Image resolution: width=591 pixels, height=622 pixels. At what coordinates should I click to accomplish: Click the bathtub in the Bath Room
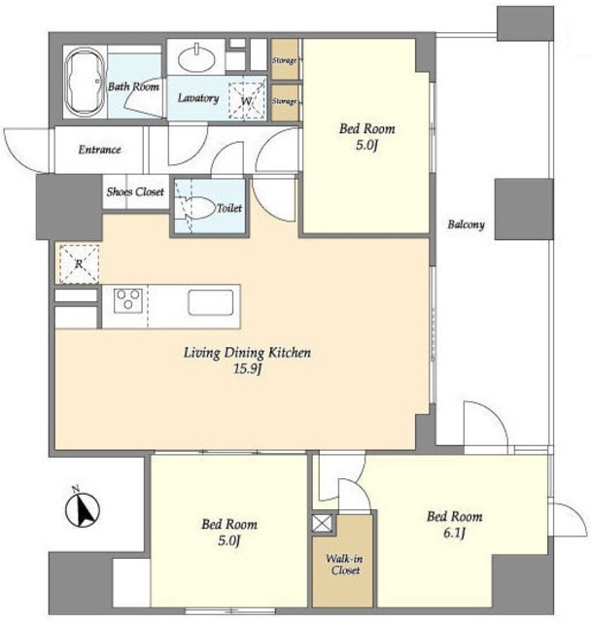pos(85,84)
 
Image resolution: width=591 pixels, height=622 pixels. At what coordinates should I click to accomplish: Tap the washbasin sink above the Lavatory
pos(196,58)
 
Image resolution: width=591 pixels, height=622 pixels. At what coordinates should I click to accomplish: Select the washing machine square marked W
pos(246,100)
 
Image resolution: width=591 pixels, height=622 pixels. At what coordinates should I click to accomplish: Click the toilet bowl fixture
pos(195,207)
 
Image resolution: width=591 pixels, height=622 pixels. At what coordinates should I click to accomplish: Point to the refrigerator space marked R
pos(79,263)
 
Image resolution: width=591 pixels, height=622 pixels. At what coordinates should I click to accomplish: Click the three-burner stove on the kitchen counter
pos(127,300)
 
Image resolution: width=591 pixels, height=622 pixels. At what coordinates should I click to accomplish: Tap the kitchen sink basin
pos(211,302)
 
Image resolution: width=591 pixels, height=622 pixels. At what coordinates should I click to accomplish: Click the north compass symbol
pos(82,508)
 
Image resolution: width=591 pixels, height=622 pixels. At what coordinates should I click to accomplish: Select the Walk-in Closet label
pos(344,565)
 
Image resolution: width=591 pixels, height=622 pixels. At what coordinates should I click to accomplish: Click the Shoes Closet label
pos(135,192)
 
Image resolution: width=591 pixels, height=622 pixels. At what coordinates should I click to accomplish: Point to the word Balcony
pos(466,225)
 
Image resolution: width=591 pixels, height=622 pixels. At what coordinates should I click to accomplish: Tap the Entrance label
pos(99,150)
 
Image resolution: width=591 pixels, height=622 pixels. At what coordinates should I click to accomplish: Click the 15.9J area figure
pos(247,369)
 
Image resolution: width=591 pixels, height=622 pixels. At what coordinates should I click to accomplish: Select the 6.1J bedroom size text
pos(454,533)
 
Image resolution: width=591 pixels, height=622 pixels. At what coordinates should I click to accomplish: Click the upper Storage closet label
pos(285,60)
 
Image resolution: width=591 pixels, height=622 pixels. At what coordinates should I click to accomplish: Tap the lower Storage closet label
pos(285,101)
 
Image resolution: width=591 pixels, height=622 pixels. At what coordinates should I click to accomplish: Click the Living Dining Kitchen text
pos(247,353)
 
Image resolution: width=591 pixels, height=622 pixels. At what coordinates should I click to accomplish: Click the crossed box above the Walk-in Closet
pos(323,524)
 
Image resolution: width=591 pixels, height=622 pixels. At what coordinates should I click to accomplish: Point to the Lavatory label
pos(198,98)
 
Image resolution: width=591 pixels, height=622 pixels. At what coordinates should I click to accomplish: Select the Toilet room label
pos(229,208)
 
